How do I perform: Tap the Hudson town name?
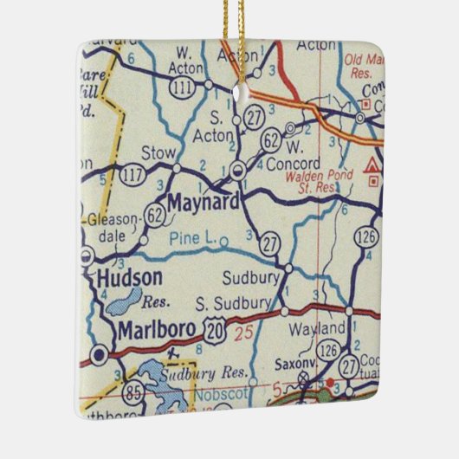(x=129, y=278)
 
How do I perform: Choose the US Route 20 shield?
(x=214, y=326)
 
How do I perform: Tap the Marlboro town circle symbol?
(x=100, y=353)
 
